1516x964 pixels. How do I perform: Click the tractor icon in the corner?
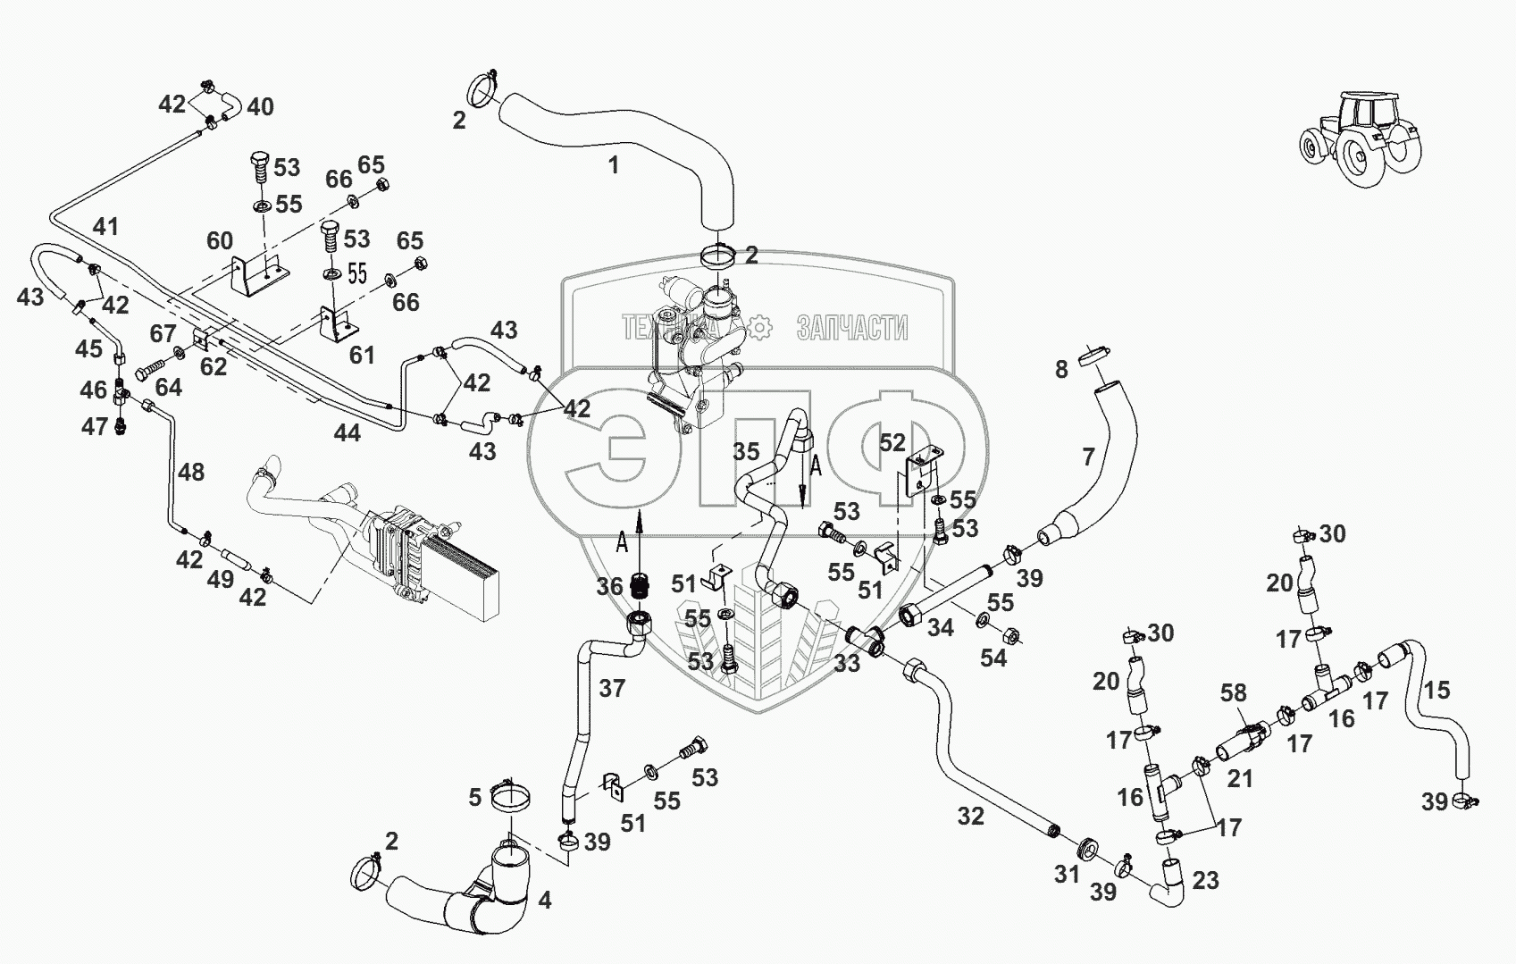(x=1361, y=138)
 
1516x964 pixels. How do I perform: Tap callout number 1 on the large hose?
(x=613, y=164)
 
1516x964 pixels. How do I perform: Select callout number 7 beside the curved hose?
(x=1088, y=457)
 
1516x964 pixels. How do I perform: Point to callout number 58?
(x=1234, y=692)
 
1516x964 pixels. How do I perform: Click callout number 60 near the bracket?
(x=220, y=240)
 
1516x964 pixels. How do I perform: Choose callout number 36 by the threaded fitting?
(x=609, y=586)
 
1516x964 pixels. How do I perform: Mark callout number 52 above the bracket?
(x=892, y=443)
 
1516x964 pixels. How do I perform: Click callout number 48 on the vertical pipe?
(x=191, y=472)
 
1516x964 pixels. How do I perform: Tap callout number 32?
(x=970, y=817)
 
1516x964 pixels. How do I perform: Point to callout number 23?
(x=1205, y=880)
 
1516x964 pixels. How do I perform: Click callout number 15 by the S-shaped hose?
(x=1436, y=690)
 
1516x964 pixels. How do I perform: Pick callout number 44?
(x=348, y=432)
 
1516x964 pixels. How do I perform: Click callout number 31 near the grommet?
(x=1067, y=874)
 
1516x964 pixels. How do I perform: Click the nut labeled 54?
(x=1010, y=635)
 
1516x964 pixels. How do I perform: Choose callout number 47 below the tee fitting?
(x=95, y=426)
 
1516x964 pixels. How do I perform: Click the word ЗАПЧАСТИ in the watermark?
(x=852, y=328)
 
